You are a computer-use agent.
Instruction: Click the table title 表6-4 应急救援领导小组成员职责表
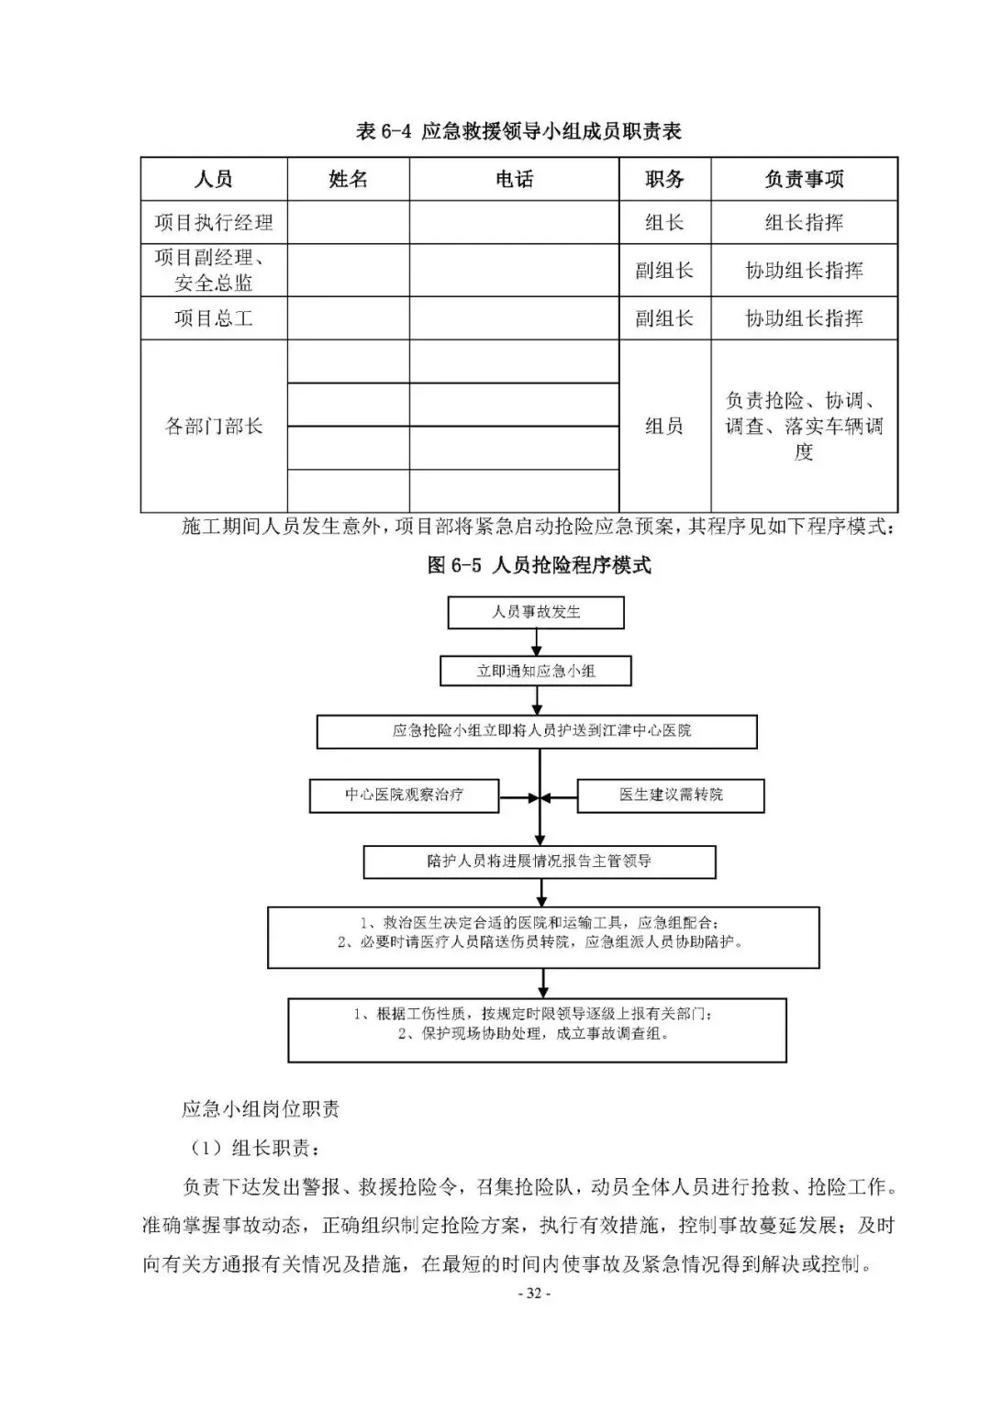[518, 131]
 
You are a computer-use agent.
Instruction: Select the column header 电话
[514, 179]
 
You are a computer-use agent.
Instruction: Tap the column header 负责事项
[804, 179]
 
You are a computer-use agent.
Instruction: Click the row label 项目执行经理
[214, 223]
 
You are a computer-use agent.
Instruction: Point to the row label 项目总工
[214, 318]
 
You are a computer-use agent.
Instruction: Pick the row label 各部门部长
[214, 427]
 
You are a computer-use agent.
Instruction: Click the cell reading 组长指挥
[804, 223]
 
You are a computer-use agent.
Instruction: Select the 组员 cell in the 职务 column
[664, 427]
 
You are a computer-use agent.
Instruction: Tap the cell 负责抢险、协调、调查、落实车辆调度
[804, 427]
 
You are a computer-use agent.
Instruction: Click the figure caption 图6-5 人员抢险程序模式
[539, 565]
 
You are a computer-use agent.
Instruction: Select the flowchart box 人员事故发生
[536, 613]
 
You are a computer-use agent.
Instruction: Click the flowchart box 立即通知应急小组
[536, 671]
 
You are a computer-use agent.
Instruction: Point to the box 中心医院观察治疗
[404, 795]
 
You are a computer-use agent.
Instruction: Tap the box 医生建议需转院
[671, 795]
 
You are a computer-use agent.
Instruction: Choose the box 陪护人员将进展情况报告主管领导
[540, 862]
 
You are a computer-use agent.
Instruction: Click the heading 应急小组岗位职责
[261, 1108]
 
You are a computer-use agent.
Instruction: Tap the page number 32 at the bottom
[533, 1295]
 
